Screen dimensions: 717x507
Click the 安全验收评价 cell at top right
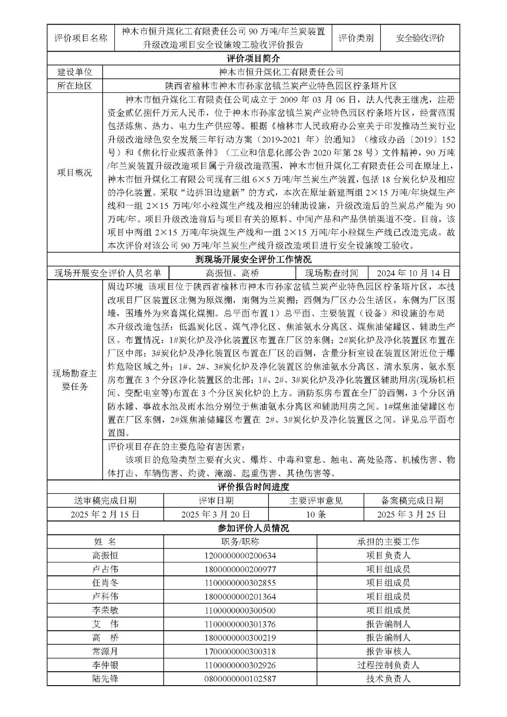tap(420, 38)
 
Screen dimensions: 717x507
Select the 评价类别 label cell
tap(355, 38)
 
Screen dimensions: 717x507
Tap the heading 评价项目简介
tap(253, 59)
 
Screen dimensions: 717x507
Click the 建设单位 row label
tap(74, 72)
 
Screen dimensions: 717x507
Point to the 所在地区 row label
tap(74, 86)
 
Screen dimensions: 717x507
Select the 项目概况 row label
tap(74, 173)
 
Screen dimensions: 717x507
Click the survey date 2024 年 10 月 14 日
tap(413, 273)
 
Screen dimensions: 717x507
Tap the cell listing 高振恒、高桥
tap(232, 273)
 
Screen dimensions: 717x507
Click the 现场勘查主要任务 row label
tap(74, 380)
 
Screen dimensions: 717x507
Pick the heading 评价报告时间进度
tap(253, 487)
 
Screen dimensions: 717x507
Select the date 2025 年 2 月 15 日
tap(105, 514)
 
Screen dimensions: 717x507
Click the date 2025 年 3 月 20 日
tap(216, 514)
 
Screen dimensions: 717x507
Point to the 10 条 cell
tap(316, 514)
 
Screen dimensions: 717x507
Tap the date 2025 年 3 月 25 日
tap(412, 514)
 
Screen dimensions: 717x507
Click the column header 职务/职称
tap(240, 541)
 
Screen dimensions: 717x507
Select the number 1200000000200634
tap(240, 555)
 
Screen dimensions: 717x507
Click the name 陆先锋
tap(105, 678)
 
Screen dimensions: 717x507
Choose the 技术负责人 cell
tap(388, 678)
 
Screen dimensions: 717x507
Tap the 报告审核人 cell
tap(388, 651)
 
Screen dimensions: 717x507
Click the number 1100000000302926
tap(240, 665)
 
